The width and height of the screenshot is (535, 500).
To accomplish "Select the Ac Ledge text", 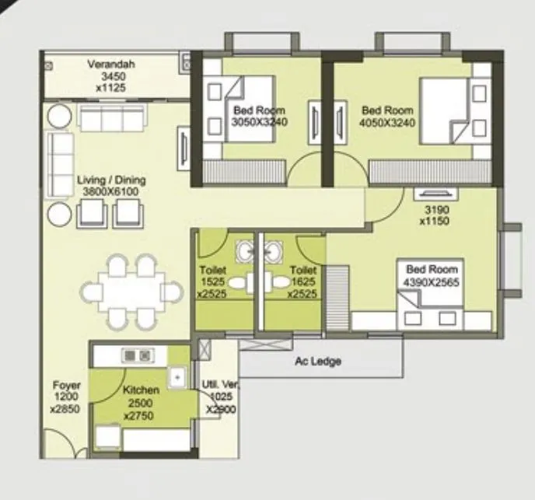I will (317, 362).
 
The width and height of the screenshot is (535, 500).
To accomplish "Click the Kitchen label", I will (141, 390).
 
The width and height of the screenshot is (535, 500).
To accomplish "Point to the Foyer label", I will (65, 385).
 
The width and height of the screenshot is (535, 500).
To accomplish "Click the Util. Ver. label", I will (221, 386).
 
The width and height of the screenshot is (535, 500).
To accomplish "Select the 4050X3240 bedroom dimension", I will (386, 122).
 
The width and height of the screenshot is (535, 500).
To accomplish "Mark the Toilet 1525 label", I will (212, 281).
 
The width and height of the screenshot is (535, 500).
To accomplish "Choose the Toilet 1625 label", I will (302, 281).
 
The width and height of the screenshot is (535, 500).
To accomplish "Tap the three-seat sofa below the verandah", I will (111, 119).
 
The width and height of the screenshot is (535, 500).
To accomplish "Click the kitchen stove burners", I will (138, 355).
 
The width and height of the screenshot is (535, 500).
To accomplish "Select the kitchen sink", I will (178, 376).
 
